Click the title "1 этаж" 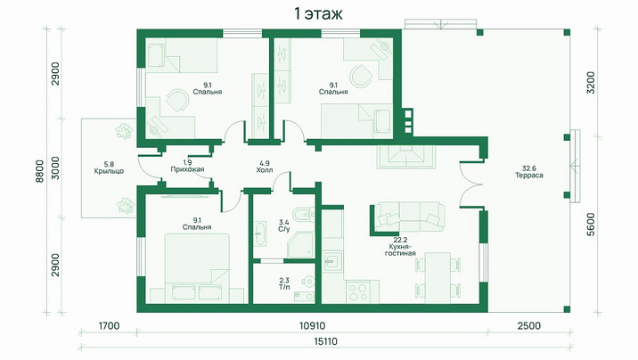click(x=318, y=14)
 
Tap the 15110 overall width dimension click(x=325, y=341)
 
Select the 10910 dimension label click(x=312, y=326)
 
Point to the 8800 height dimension click(x=39, y=171)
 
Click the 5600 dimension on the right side click(x=591, y=225)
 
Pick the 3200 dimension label click(x=591, y=83)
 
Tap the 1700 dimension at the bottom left click(x=109, y=326)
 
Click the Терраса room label click(x=529, y=176)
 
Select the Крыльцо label click(x=109, y=171)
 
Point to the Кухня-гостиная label click(x=400, y=250)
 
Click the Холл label click(x=265, y=170)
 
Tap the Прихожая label click(x=187, y=169)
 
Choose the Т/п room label click(x=284, y=287)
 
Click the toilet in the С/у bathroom click(x=305, y=214)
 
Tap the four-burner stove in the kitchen click(x=358, y=292)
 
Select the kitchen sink click(x=333, y=261)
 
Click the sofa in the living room click(x=409, y=217)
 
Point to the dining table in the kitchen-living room click(x=438, y=278)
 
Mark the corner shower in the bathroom click(x=300, y=245)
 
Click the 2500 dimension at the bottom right click(x=529, y=326)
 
